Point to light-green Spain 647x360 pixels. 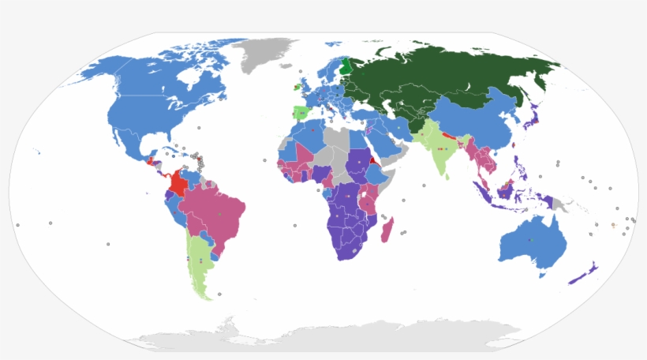[301, 114]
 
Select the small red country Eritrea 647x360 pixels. [372, 158]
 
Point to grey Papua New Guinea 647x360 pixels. [562, 204]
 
